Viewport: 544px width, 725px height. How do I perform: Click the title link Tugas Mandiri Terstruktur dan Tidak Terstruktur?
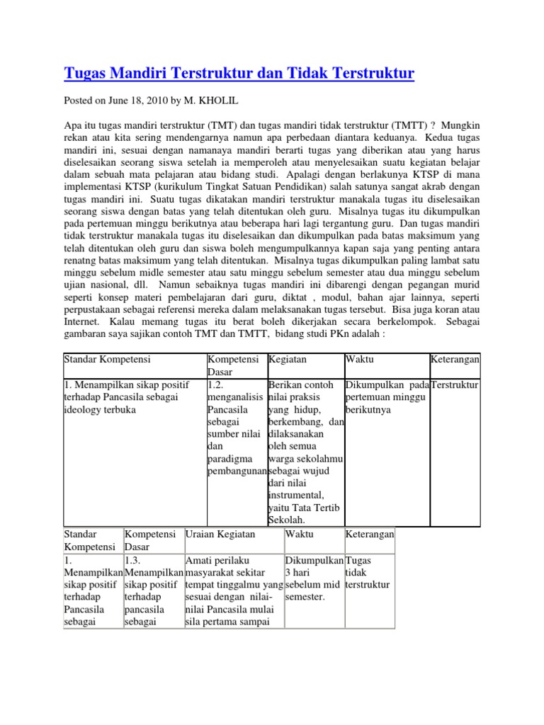pos(239,74)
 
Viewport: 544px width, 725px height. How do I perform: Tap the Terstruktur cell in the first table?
pos(455,384)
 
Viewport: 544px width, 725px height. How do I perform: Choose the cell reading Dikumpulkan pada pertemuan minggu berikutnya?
pos(386,397)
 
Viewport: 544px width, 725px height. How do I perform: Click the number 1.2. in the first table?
pos(217,384)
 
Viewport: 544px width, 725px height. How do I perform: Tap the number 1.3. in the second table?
pos(135,560)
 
